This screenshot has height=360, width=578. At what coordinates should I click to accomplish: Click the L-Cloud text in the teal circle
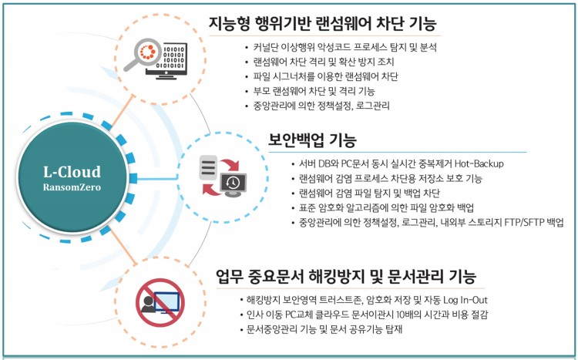tap(71, 171)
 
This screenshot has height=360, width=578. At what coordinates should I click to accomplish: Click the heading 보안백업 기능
tap(312, 140)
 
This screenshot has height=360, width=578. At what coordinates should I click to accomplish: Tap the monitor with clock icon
tap(232, 183)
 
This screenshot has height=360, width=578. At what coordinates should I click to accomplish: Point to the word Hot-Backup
tap(480, 164)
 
